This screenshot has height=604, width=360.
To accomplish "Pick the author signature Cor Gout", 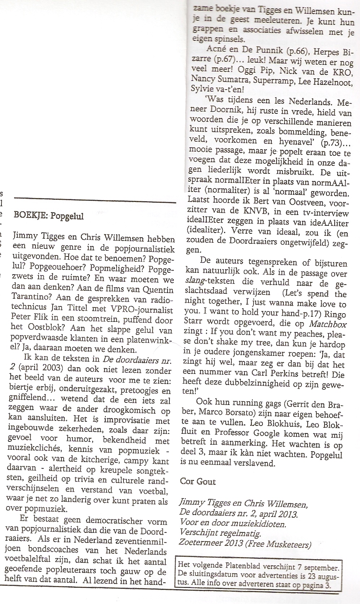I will tap(198, 481).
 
